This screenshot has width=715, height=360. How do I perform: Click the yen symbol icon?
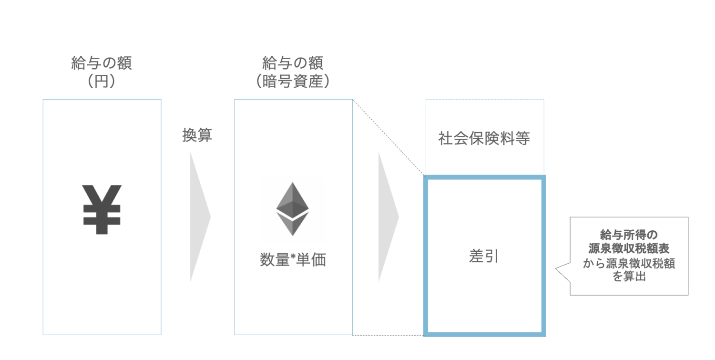point(102,210)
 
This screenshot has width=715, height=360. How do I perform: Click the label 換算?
point(197,136)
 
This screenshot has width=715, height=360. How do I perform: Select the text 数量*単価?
point(293,260)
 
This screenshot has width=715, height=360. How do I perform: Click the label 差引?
point(484,256)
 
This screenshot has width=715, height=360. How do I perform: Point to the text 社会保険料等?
point(484,139)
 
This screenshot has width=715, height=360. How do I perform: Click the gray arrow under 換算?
point(199,217)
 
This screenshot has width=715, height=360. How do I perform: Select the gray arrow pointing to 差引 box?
point(387,217)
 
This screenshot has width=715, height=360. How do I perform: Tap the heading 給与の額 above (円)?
point(102,63)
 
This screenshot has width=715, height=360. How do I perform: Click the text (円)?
point(102,81)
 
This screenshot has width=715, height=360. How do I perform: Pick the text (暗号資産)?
point(293,81)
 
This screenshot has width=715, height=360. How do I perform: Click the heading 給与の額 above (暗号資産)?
point(293,63)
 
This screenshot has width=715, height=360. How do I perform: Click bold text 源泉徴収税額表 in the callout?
point(629,248)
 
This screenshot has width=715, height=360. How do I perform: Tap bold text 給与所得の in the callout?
point(629,235)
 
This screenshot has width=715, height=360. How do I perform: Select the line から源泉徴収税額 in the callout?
point(629,264)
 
